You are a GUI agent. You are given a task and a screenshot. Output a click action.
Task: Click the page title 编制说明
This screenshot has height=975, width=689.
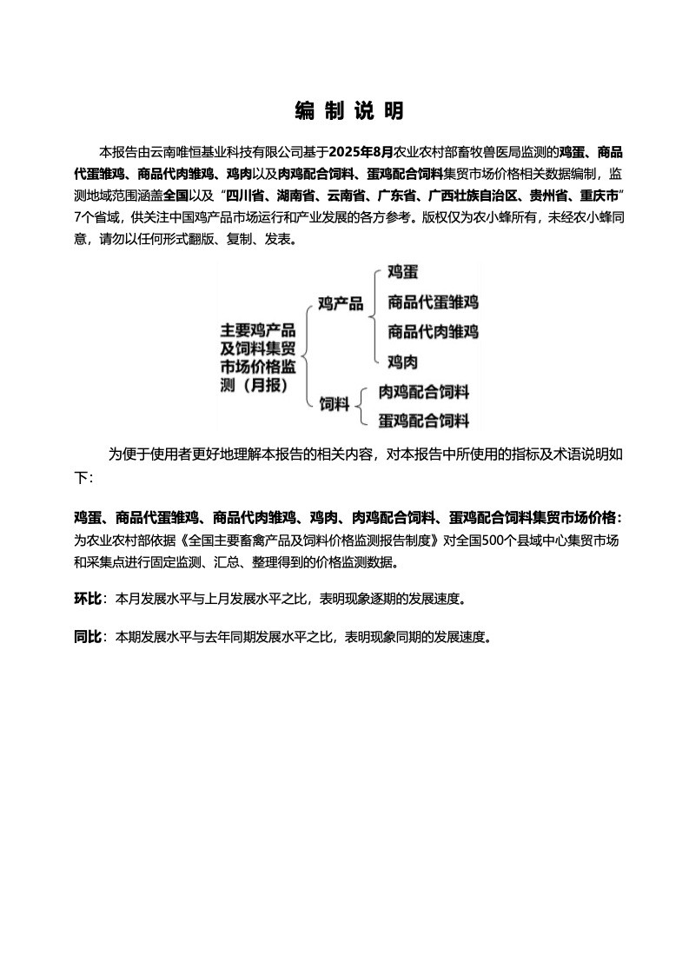348,111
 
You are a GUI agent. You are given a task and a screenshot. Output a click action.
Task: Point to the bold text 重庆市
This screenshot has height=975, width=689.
597,193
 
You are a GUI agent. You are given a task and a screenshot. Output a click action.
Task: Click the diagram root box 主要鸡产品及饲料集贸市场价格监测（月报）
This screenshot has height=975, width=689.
258,357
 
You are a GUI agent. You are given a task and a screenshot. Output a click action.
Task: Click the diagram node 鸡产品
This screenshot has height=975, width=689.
341,304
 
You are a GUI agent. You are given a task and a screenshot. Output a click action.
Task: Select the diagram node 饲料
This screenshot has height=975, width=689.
334,404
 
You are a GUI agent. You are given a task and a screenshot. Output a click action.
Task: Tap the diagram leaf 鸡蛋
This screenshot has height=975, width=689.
402,273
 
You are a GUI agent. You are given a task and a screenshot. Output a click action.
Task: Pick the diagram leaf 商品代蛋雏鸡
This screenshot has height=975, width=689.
433,302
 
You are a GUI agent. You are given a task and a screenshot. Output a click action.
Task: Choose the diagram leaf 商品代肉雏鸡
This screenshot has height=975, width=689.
433,332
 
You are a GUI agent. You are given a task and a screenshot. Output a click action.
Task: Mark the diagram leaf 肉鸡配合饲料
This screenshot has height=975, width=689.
424,392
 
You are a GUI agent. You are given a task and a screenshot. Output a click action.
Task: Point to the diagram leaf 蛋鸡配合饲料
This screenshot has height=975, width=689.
424,421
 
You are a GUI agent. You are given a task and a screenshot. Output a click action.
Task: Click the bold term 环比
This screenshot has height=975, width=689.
88,600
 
